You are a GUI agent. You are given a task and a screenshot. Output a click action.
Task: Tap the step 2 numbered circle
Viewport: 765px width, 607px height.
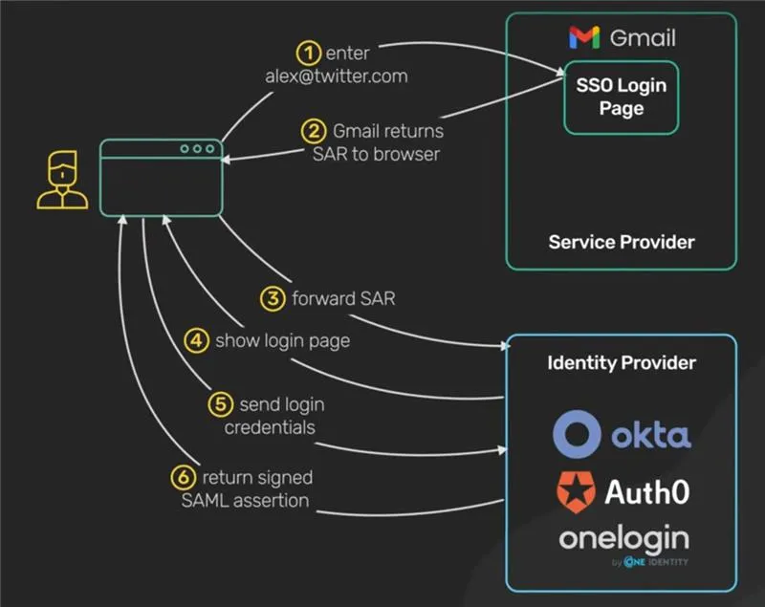pos(315,131)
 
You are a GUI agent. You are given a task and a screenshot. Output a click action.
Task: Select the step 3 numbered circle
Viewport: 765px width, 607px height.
pos(273,298)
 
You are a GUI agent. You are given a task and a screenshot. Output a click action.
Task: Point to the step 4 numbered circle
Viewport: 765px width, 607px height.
pos(196,340)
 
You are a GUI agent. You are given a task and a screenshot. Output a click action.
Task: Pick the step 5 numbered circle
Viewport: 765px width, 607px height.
pos(221,404)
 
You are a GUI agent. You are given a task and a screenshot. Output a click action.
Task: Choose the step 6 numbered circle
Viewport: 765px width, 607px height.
pos(183,476)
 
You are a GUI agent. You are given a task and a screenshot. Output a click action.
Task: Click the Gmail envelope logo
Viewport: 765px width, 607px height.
pos(584,38)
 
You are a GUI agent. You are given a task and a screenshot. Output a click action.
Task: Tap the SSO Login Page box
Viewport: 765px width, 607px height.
pos(621,98)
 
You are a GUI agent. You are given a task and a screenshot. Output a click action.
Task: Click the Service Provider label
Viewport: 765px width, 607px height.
pos(621,241)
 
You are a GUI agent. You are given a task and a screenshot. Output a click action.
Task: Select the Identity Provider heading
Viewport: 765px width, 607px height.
pos(621,363)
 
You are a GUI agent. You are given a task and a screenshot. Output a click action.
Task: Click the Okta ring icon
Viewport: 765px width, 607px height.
pos(576,434)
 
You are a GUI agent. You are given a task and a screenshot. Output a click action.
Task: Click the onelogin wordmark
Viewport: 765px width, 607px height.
pos(623,539)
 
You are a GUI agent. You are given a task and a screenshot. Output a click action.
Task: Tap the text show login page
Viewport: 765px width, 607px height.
pos(282,340)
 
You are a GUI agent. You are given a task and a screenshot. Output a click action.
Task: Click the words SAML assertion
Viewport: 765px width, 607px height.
pos(247,499)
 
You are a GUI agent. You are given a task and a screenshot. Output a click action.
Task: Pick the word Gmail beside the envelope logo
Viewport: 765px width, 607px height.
pos(642,38)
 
